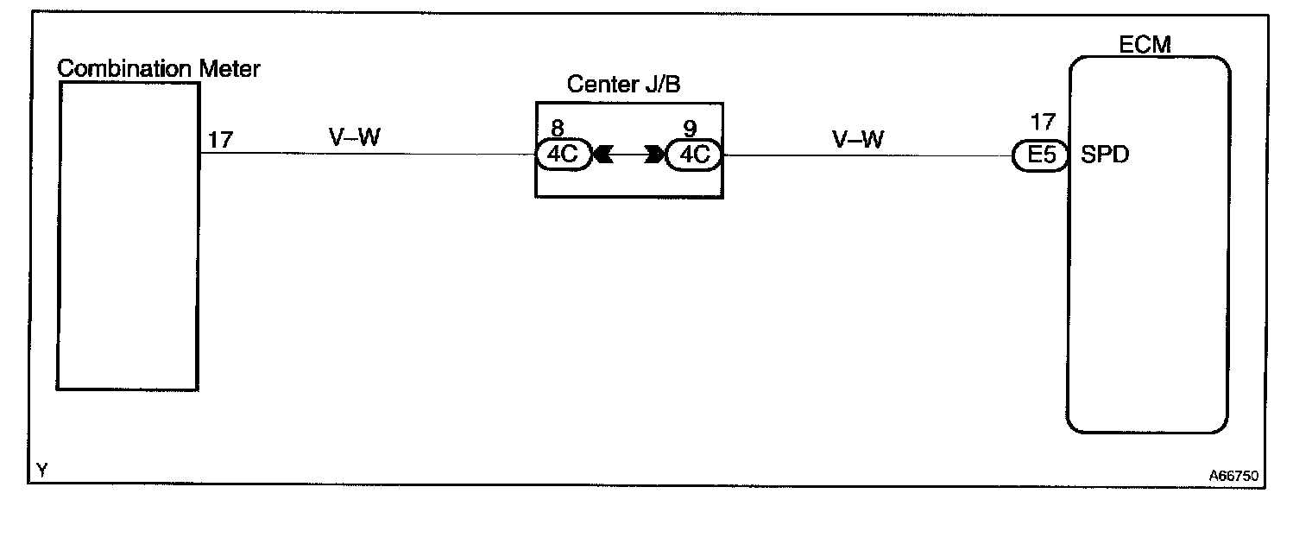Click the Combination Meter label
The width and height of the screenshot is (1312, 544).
158,68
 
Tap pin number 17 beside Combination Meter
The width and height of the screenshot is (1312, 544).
220,140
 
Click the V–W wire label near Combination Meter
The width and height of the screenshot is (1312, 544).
354,137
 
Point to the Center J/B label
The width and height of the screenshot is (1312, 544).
624,85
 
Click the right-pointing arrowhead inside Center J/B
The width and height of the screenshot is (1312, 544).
654,155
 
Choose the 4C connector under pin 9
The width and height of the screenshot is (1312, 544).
694,155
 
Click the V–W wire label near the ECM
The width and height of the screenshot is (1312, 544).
858,139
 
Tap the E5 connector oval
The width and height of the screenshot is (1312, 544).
1037,156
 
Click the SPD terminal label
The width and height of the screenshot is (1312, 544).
1105,156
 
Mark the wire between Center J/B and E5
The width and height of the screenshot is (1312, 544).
863,156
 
